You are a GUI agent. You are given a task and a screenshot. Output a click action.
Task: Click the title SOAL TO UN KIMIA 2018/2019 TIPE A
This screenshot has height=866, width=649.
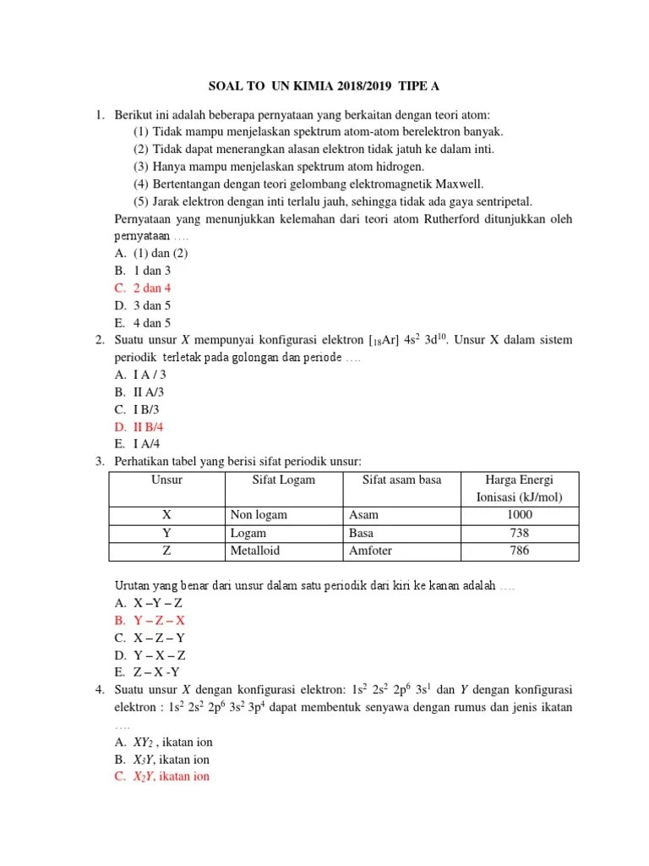325,86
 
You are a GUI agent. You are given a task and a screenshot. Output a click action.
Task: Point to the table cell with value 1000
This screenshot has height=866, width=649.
520,515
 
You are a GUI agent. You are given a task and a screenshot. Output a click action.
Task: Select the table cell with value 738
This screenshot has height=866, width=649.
520,533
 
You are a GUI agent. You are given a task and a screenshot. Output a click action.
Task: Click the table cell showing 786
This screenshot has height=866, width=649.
520,551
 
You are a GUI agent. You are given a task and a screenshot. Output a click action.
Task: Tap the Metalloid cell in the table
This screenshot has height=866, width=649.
255,551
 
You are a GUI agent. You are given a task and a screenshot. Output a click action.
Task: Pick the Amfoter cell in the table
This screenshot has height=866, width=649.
370,551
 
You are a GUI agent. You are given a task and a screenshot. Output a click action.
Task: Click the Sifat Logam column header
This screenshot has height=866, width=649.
284,480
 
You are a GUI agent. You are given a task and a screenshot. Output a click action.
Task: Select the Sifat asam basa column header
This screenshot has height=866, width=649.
401,480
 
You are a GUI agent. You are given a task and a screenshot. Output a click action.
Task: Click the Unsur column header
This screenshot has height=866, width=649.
166,480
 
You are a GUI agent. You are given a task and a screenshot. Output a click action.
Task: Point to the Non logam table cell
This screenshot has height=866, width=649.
259,515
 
